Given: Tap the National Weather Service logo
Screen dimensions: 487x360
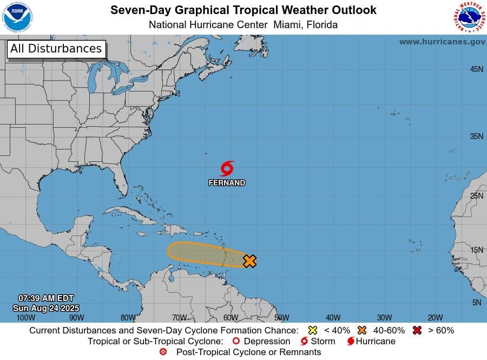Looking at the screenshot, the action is [x=468, y=17].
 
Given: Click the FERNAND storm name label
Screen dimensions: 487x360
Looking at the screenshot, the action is [x=227, y=183].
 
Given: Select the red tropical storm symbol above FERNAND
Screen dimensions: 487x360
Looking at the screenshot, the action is [x=227, y=168].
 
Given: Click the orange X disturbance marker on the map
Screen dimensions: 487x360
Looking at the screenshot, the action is [x=249, y=261].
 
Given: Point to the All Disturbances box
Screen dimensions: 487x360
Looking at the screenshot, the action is [x=56, y=49].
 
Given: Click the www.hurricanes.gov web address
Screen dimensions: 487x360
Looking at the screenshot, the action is [x=442, y=42].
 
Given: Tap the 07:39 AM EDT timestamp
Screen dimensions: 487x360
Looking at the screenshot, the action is [x=46, y=298].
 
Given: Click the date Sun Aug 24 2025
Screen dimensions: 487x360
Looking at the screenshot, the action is [x=46, y=307].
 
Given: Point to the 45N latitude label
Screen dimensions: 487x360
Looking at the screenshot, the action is [x=476, y=69].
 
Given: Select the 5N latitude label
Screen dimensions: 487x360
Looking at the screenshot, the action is [x=477, y=302].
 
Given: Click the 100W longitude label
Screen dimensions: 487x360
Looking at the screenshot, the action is [x=25, y=318].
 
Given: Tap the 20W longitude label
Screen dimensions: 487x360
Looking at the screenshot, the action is [x=435, y=318].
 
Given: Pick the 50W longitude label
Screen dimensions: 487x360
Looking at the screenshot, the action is [x=281, y=318].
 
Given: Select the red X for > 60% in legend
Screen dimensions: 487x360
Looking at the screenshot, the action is [x=417, y=330].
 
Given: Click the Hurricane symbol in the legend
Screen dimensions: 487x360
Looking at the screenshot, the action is [x=351, y=342].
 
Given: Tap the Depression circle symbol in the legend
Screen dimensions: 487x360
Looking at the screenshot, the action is [x=235, y=342].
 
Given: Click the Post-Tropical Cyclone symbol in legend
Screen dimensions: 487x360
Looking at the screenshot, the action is [x=164, y=352].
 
